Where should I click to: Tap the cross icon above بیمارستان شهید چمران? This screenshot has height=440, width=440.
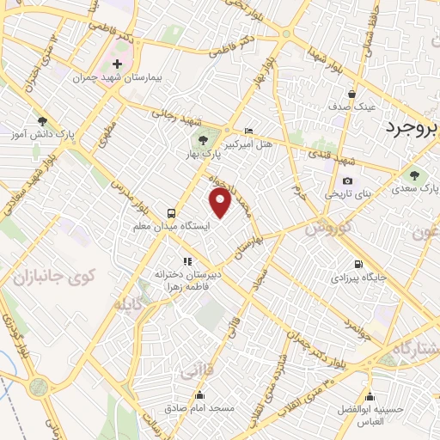pos(118,64)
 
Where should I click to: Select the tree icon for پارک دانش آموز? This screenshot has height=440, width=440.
pos(43,122)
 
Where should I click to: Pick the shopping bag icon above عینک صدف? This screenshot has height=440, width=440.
pos(351,95)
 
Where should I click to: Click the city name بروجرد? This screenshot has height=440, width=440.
pos(404,128)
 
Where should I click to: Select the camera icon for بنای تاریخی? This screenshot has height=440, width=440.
pos(347,181)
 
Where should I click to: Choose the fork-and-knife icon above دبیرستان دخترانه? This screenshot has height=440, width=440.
pos(186,261)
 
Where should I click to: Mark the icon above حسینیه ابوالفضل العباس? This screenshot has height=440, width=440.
pos(370,396)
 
